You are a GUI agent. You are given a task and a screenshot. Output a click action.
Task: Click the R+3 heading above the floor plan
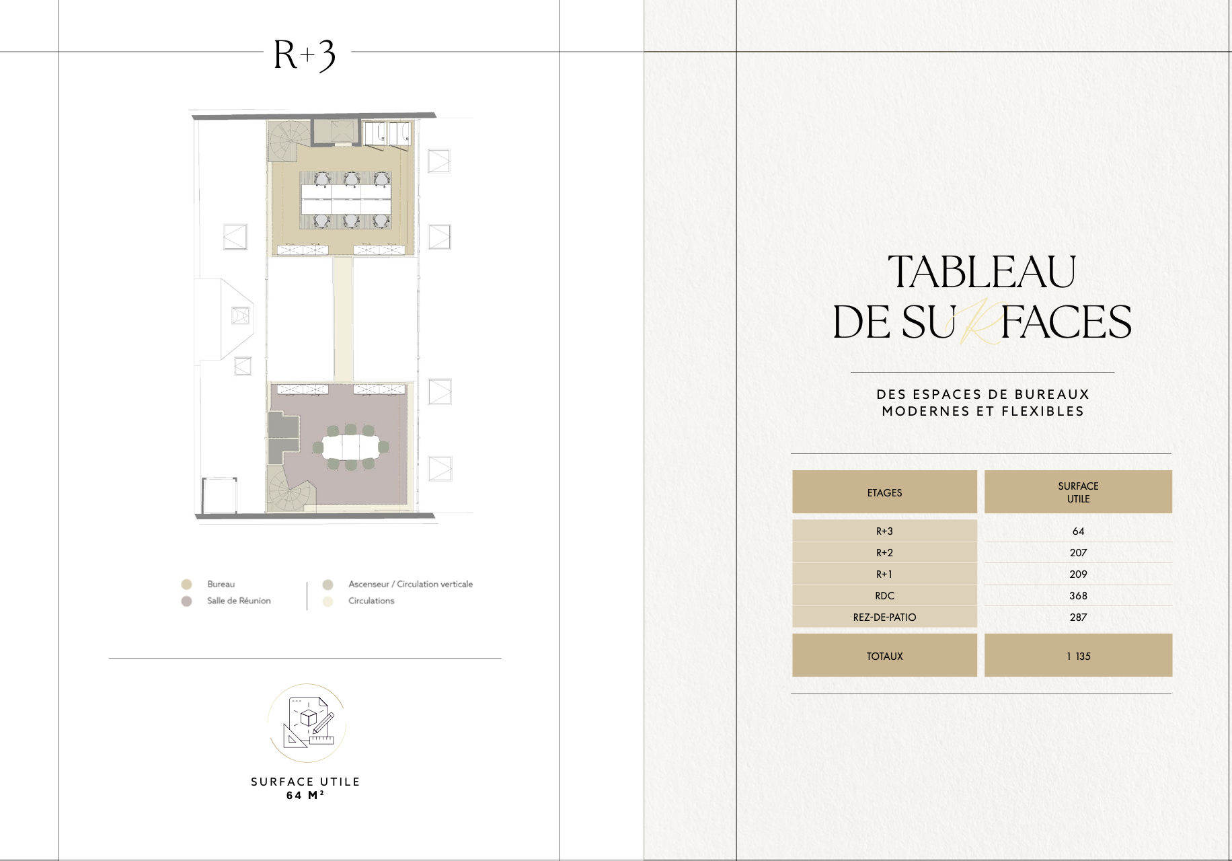305,55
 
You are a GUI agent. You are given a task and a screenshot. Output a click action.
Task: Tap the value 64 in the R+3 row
1078,531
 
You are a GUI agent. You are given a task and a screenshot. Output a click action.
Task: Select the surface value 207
1078,553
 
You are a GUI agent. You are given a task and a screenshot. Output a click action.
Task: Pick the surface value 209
1078,574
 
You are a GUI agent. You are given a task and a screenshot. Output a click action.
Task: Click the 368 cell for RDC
1078,596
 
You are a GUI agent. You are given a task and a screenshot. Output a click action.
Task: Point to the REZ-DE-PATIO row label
884,617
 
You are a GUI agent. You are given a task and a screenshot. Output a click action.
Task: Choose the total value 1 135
1078,657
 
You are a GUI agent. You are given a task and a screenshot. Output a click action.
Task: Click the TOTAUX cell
884,655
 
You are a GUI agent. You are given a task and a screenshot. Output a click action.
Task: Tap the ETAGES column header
884,492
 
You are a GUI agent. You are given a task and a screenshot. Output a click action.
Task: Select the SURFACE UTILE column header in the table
1078,492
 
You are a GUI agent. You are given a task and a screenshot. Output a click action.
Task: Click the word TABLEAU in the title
982,272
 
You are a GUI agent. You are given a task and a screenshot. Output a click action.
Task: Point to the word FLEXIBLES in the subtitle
1043,411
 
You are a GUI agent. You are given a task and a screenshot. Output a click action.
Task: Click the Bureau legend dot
187,585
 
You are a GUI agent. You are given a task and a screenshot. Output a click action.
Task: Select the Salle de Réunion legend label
239,601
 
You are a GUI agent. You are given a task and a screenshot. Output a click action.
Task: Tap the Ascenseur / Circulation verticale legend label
410,584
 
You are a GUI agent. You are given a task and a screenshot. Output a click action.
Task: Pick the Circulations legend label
371,601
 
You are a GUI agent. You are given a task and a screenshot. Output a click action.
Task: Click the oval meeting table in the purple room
352,446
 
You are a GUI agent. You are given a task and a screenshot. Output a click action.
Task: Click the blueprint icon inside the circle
308,722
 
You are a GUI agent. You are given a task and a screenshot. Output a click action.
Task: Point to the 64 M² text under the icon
305,795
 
